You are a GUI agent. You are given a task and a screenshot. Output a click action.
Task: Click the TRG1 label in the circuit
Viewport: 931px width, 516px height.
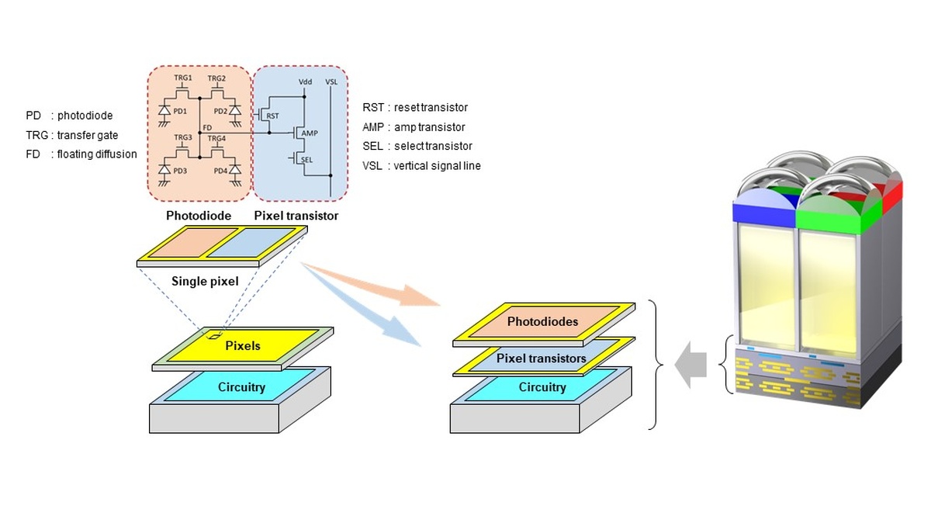tap(183, 79)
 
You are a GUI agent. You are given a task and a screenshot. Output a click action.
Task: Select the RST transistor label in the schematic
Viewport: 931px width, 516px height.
tap(272, 116)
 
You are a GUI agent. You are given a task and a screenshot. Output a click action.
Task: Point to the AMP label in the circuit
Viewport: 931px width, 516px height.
tap(310, 133)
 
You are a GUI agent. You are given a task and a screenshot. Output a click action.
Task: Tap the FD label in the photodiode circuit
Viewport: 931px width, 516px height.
tap(206, 127)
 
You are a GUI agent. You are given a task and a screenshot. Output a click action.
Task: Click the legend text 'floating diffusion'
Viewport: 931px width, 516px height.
tap(97, 154)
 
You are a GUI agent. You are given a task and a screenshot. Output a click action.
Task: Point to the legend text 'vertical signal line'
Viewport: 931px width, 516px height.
tap(437, 165)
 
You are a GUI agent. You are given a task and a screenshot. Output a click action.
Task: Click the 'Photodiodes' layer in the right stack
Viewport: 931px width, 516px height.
tap(542, 320)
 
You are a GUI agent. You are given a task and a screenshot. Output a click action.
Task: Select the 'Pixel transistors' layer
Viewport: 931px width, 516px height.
tap(541, 358)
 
